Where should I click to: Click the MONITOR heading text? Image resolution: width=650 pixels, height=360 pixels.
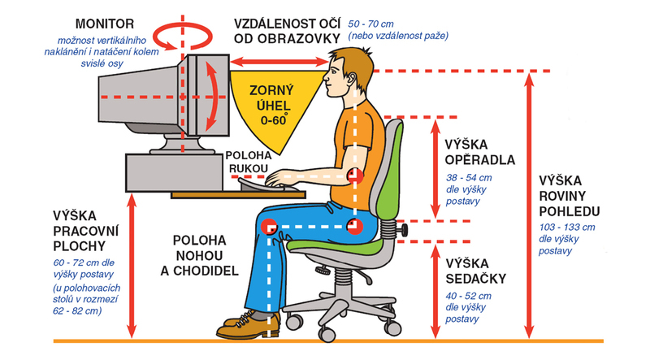[105, 24]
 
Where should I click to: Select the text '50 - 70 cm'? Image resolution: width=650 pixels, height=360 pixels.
[370, 24]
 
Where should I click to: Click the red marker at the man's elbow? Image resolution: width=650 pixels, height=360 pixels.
[355, 176]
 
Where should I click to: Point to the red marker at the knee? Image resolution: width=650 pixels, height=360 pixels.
[269, 227]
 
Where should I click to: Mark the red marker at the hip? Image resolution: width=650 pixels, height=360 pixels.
[355, 226]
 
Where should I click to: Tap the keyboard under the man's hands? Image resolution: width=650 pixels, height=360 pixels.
[266, 185]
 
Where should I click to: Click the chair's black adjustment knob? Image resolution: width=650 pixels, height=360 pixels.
[403, 230]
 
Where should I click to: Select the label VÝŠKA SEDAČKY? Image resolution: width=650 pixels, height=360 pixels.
[476, 271]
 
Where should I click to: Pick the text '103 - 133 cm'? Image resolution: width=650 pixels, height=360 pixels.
[566, 228]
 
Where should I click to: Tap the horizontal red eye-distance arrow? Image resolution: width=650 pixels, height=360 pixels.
[279, 63]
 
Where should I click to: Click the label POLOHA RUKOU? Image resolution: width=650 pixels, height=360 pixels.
[249, 163]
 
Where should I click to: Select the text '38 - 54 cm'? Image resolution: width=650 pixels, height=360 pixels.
[469, 178]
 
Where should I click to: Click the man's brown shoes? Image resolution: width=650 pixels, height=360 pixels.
[249, 326]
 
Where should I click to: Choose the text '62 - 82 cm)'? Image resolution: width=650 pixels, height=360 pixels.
[77, 310]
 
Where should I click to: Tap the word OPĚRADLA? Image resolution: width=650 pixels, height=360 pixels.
[480, 160]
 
